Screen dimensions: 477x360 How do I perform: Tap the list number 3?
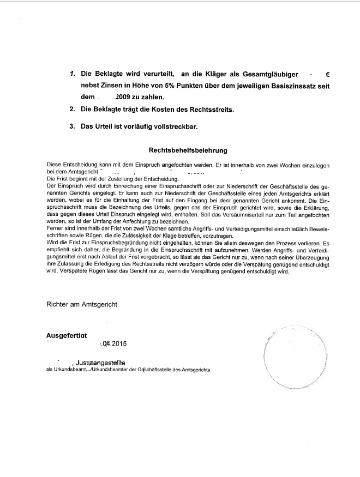72,126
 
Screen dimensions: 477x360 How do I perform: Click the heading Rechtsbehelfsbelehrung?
188,149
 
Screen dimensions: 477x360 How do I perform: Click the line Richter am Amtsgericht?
82,305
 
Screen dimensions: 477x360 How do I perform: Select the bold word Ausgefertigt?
67,335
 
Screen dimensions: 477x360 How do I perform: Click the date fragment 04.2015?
114,343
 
